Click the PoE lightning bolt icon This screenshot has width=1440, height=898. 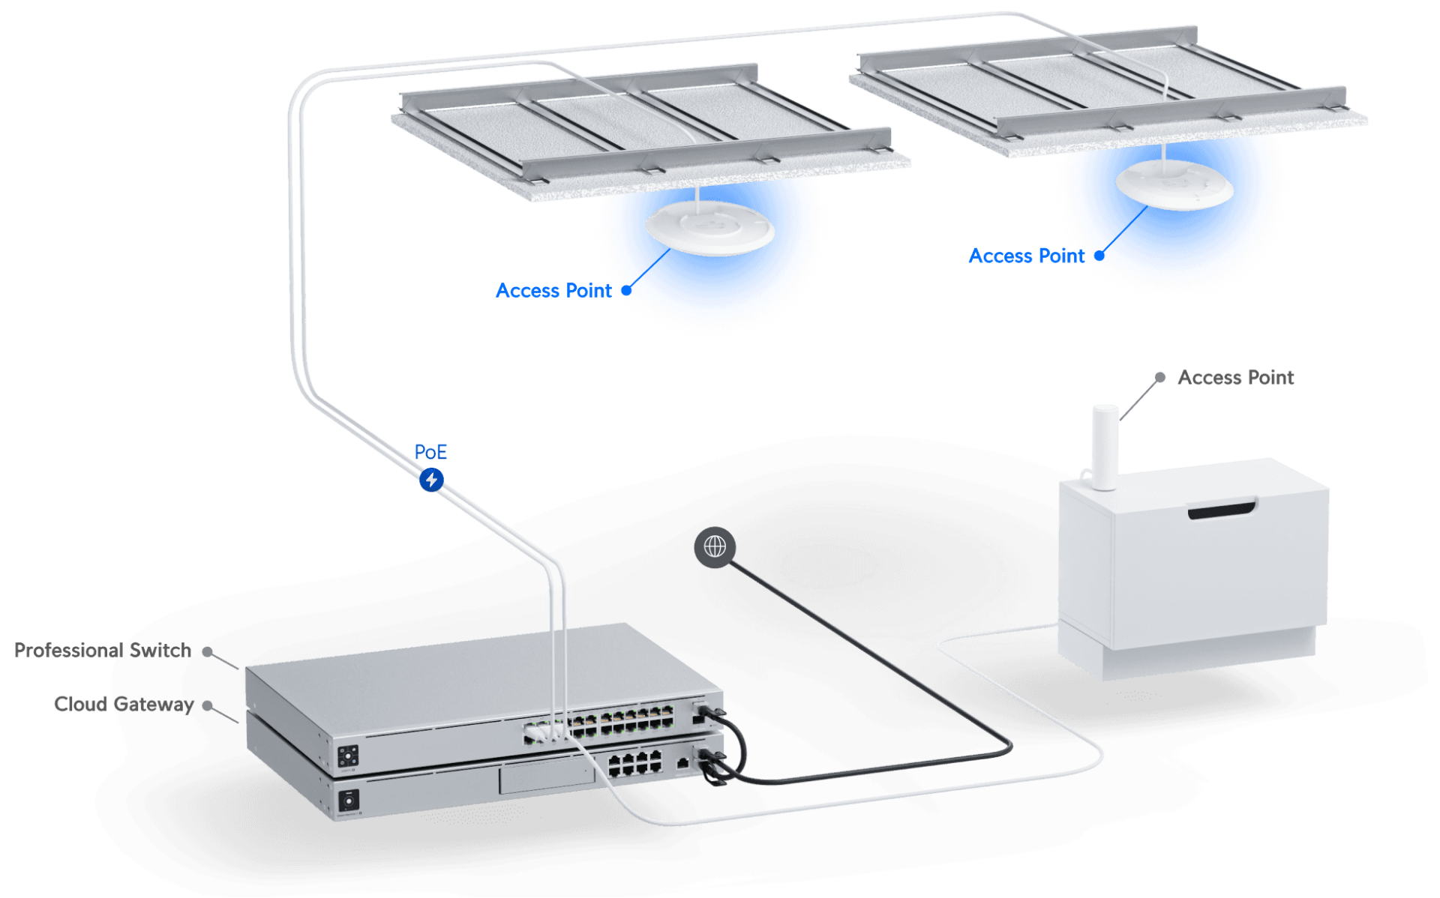tap(431, 480)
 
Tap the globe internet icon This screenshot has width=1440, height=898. tap(715, 547)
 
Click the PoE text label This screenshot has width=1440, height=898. tap(430, 452)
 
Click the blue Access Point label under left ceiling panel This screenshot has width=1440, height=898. tap(553, 291)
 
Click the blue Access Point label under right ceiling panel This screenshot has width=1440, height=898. tap(1026, 256)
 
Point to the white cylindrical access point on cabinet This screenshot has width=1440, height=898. tap(1105, 447)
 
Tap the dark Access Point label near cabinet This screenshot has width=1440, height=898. tap(1236, 377)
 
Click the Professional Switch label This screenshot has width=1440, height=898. tap(103, 650)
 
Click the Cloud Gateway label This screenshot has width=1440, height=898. tap(124, 704)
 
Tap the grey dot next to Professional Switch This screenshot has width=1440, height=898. tap(208, 651)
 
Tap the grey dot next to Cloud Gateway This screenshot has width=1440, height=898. tap(208, 705)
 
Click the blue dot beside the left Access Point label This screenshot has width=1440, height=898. tap(626, 291)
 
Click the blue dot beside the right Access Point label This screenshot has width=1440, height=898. tap(1099, 256)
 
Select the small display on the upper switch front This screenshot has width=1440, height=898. tap(348, 756)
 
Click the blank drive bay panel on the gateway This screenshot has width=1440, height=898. tap(546, 778)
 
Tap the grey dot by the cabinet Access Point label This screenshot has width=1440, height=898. tap(1159, 377)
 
